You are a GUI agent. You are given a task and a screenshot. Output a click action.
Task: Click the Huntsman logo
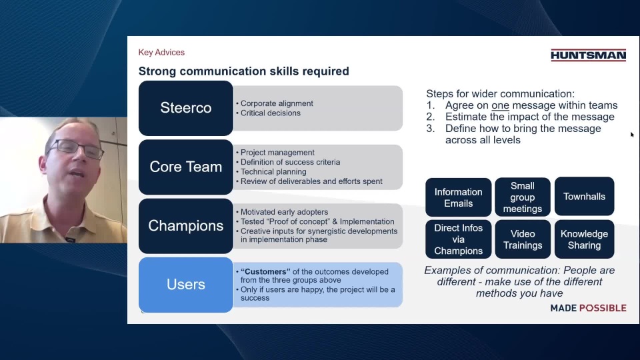coord(588,55)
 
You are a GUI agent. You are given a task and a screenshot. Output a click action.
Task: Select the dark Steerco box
coord(186,108)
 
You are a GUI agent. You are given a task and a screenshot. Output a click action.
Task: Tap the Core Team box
coord(186,167)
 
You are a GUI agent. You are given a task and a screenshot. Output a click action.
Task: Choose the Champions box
coord(186,226)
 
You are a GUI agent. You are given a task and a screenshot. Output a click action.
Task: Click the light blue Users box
coord(186,285)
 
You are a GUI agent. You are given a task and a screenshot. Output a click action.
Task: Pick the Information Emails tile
coord(459,197)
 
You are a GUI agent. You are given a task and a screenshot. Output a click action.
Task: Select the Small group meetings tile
coord(523,197)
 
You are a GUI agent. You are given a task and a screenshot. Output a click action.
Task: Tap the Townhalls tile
coord(584,196)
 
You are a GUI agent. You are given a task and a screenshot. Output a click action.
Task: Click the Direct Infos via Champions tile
coord(459,239)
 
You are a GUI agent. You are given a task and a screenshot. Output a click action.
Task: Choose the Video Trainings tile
coord(523,239)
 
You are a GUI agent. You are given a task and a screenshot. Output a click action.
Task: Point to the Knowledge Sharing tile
coord(584,239)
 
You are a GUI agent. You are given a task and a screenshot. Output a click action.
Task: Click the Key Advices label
coord(161,52)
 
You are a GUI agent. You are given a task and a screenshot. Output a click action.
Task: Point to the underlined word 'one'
coord(500,105)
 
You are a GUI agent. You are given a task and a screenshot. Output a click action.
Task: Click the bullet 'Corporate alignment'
coord(277,104)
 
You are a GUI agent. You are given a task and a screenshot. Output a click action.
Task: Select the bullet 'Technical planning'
coord(273,172)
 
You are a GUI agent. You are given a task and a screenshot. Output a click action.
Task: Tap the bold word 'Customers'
coord(265,272)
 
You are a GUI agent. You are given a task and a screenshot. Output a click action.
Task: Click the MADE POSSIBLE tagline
coord(588,308)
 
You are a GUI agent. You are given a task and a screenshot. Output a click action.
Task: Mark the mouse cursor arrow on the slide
coord(632,134)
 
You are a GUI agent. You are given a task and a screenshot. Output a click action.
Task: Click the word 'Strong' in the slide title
coord(157,71)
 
